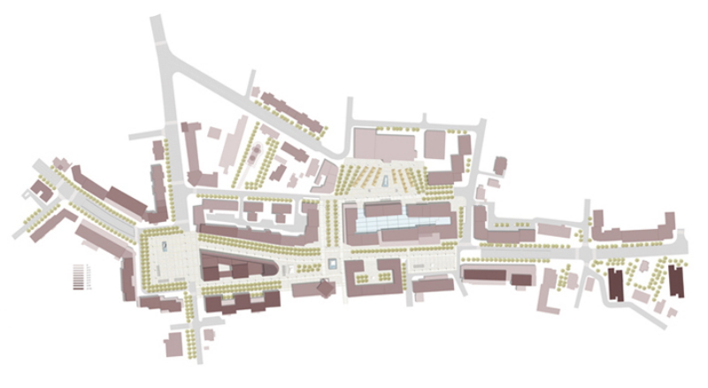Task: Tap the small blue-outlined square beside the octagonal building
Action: coord(332,262)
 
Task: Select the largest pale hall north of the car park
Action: coord(382,144)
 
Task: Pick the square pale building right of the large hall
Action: coord(435,143)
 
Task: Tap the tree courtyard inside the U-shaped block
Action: coord(374,275)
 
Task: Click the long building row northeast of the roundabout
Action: coord(632,230)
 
